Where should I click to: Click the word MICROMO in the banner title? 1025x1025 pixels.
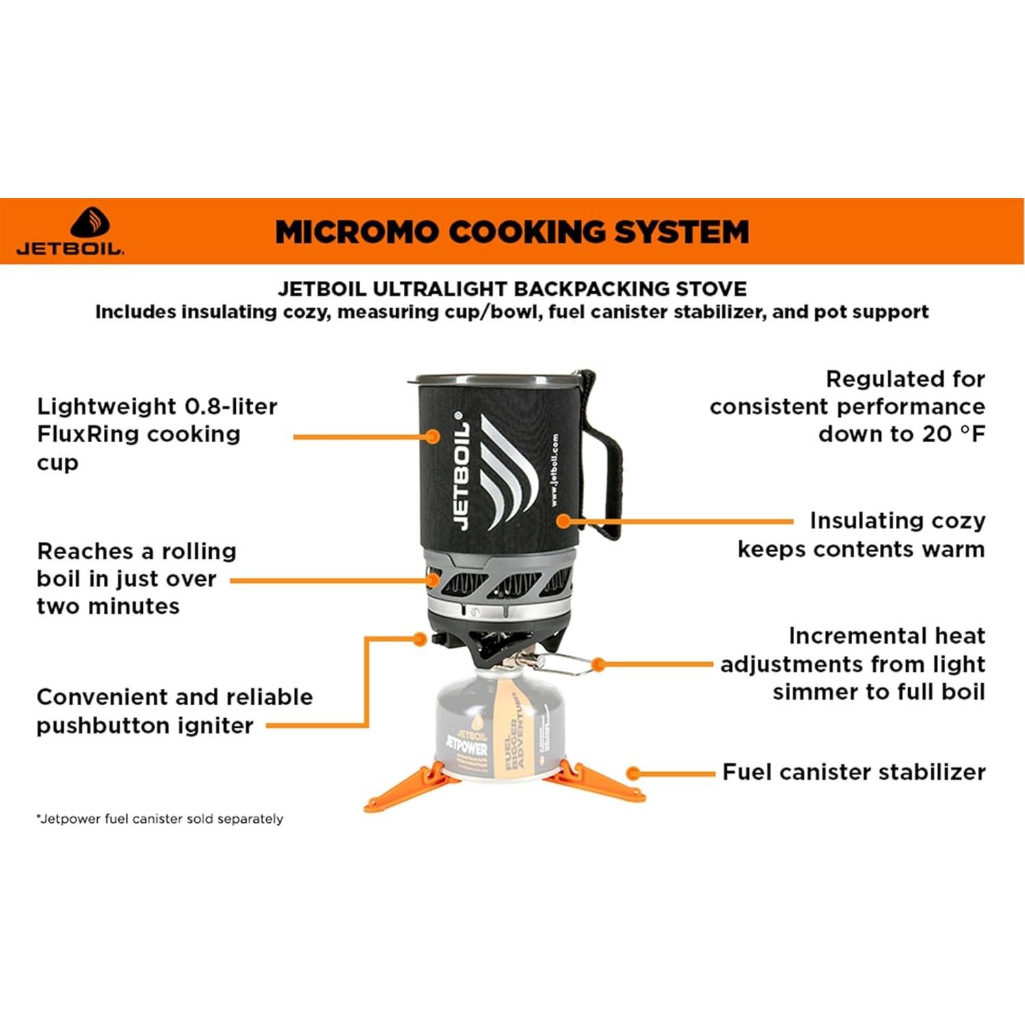(356, 232)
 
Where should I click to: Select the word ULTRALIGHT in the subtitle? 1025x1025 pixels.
(439, 289)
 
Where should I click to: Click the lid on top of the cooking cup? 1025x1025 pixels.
(492, 378)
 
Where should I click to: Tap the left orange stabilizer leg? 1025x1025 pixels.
(403, 789)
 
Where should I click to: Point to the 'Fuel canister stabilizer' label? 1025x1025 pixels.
(853, 772)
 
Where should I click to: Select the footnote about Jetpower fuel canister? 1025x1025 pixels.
(160, 819)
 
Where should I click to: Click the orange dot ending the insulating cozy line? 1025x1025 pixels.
(563, 521)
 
